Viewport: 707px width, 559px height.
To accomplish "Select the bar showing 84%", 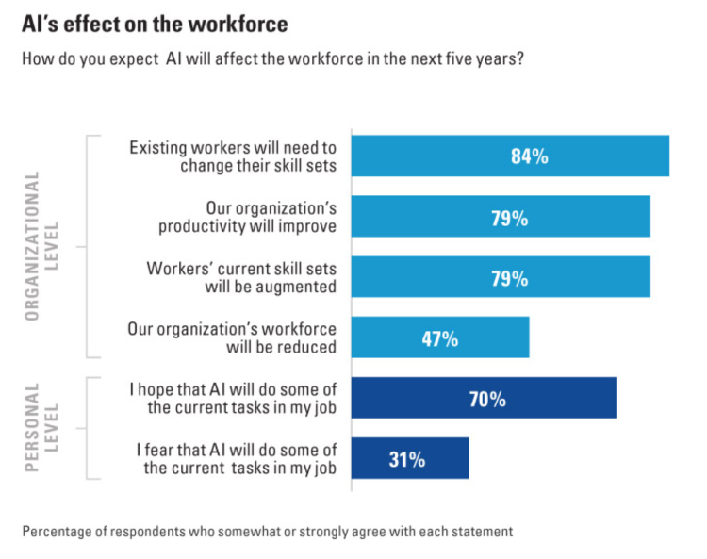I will pyautogui.click(x=509, y=156).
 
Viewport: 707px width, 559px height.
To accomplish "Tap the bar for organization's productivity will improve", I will pyautogui.click(x=500, y=217).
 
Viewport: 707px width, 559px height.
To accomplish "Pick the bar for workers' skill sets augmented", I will pyautogui.click(x=500, y=278).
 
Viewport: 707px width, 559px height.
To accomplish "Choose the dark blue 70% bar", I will pyautogui.click(x=483, y=399).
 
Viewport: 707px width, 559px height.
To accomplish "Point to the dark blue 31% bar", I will pyautogui.click(x=409, y=459).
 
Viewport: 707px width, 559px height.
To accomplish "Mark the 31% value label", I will pyautogui.click(x=406, y=460).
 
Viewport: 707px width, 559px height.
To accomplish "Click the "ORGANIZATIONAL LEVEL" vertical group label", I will pyautogui.click(x=41, y=246).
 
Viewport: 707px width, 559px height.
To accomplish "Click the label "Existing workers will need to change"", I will pyautogui.click(x=233, y=156).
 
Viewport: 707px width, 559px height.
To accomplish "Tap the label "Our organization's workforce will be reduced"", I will pyautogui.click(x=233, y=338).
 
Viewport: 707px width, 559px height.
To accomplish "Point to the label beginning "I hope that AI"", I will pyautogui.click(x=233, y=399).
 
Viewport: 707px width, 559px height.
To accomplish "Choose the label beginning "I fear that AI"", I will pyautogui.click(x=233, y=459).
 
